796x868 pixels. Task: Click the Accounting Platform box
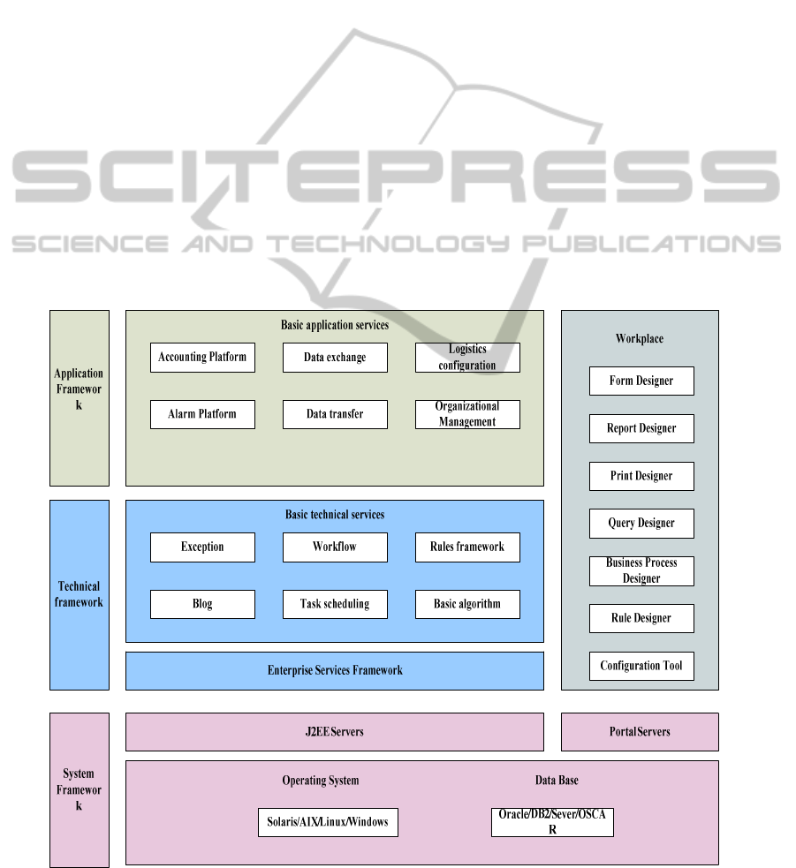click(x=202, y=358)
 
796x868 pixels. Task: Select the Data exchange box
click(x=335, y=358)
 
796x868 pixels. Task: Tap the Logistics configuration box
click(x=467, y=358)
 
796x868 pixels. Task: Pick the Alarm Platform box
click(x=202, y=414)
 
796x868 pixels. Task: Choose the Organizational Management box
click(x=467, y=414)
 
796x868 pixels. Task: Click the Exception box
click(x=202, y=547)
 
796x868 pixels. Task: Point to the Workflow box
click(x=335, y=547)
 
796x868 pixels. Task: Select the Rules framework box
click(x=467, y=547)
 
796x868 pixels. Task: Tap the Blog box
click(x=202, y=604)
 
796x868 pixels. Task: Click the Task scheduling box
click(x=335, y=604)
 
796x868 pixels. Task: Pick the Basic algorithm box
click(x=467, y=604)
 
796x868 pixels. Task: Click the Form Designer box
click(x=641, y=381)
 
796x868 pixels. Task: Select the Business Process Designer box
click(x=641, y=570)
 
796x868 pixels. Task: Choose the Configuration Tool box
click(x=641, y=666)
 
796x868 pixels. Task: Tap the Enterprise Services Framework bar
click(x=335, y=671)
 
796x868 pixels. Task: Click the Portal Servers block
click(x=640, y=732)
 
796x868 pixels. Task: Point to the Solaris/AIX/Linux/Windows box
click(x=328, y=822)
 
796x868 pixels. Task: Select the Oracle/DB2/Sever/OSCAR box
click(x=552, y=822)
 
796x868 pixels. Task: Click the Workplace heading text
click(x=640, y=339)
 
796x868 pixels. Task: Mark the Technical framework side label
click(x=80, y=594)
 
